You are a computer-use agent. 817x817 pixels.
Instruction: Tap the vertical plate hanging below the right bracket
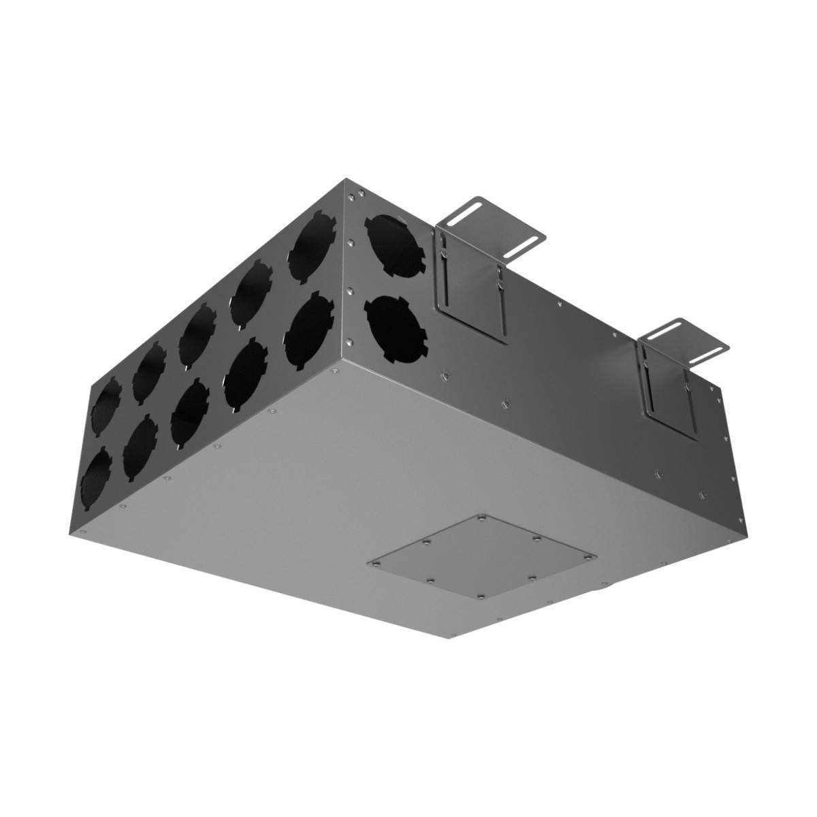tap(671, 395)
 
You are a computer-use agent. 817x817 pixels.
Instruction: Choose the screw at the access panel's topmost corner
tap(481, 519)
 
